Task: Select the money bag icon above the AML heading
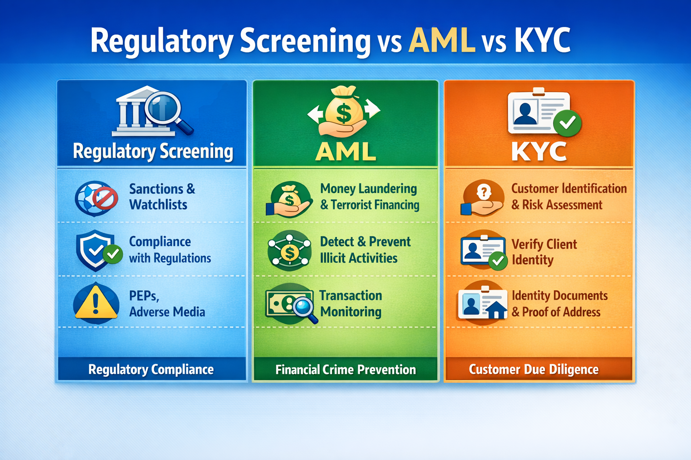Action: (x=344, y=110)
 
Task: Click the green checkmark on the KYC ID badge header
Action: (x=567, y=122)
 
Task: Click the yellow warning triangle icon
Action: (x=95, y=302)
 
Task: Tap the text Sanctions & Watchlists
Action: (x=162, y=197)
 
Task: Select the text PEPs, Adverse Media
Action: (x=167, y=304)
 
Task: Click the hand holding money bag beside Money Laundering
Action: (x=289, y=200)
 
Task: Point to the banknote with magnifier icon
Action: (x=290, y=304)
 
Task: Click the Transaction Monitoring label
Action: (x=351, y=304)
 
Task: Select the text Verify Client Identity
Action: (x=544, y=252)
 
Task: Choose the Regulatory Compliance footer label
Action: (x=151, y=369)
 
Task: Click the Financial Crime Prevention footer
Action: (x=345, y=369)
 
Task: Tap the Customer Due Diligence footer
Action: (x=534, y=369)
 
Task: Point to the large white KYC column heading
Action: (x=539, y=152)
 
